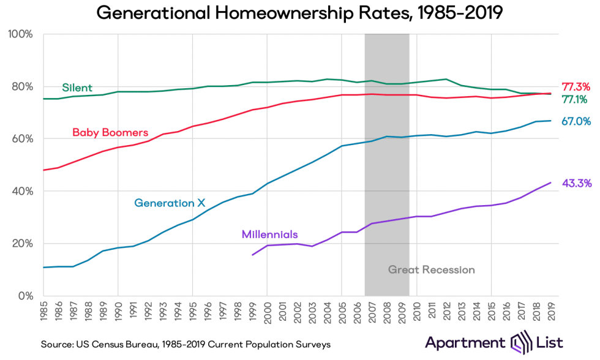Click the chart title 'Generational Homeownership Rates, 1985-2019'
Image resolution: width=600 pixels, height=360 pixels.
299,13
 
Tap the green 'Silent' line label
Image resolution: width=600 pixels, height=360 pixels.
77,88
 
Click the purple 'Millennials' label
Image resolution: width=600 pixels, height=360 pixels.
270,234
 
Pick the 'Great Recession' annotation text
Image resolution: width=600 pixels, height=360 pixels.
432,269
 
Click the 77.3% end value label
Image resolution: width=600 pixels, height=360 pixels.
576,87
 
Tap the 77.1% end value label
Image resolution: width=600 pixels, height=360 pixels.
576,99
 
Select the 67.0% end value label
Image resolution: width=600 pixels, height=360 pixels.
576,122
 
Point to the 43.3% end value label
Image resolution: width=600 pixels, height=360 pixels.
576,183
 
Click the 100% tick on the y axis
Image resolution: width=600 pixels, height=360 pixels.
20,34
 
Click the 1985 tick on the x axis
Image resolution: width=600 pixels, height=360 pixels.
44,312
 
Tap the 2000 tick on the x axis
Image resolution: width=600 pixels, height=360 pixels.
268,312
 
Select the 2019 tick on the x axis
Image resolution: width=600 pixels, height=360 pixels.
551,312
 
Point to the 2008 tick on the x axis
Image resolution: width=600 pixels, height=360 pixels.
387,312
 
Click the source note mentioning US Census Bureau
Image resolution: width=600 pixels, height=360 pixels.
186,345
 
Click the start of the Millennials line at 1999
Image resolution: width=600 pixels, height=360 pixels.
252,255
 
